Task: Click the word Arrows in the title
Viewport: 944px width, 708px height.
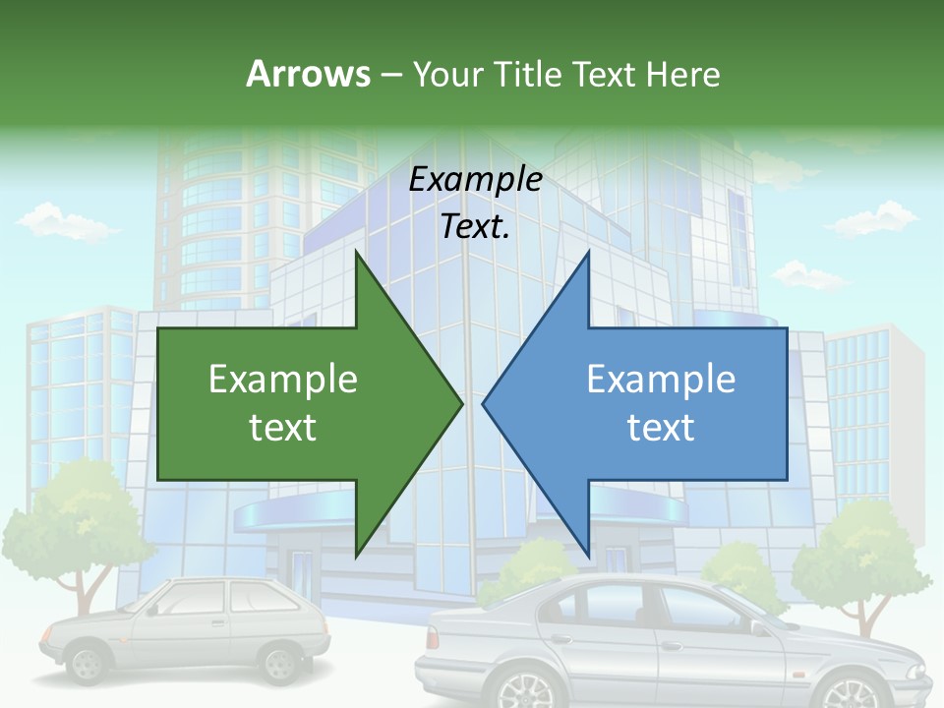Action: pos(307,74)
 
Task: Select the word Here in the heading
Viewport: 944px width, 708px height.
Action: pos(682,74)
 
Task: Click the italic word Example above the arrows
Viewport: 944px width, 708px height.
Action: pos(475,180)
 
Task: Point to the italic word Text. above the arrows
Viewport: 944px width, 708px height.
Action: pos(475,227)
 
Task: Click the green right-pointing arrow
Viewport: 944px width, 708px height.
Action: pos(295,403)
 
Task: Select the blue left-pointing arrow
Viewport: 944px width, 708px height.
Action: pos(649,403)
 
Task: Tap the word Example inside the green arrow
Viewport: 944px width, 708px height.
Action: pos(283,380)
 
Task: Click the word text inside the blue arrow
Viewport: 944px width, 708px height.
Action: pos(661,428)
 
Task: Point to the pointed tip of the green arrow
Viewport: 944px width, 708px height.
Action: pos(460,402)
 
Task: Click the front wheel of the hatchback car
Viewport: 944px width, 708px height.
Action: pos(88,665)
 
